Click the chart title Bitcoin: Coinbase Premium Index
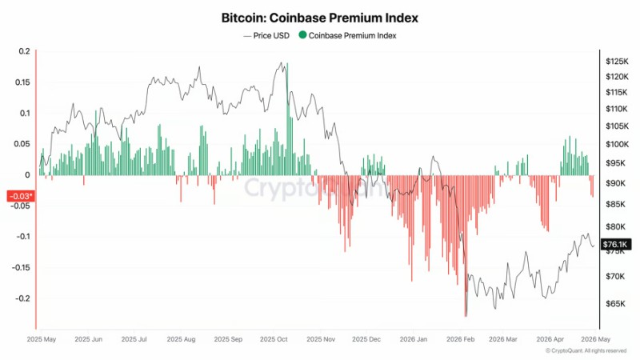click(x=319, y=16)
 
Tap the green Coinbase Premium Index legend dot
click(x=302, y=35)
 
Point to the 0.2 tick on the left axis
click(x=23, y=51)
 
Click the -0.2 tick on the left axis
click(x=22, y=298)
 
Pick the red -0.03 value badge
click(x=20, y=196)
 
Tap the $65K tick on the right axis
click(x=614, y=304)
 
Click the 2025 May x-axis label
click(x=41, y=339)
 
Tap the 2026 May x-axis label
click(x=596, y=339)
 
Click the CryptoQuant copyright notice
click(x=586, y=350)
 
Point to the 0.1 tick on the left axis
click(x=23, y=113)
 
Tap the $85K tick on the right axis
click(x=614, y=205)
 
